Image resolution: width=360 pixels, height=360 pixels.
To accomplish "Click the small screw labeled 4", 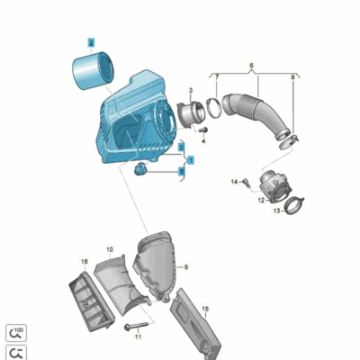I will click(x=202, y=131).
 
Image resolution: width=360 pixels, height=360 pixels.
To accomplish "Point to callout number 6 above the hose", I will click(x=251, y=67).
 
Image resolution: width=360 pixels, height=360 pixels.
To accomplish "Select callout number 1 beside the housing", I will click(x=190, y=157).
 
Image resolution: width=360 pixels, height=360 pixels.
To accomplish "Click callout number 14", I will click(x=232, y=182).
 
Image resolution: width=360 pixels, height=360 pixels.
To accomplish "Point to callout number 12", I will click(x=260, y=201).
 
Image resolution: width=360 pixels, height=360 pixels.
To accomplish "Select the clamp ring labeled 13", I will click(x=292, y=211).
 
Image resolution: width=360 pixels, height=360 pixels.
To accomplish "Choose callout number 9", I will click(x=186, y=267).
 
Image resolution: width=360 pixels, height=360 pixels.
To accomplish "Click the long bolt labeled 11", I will click(x=138, y=326).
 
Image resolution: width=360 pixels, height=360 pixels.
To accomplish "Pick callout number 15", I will click(x=204, y=309).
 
